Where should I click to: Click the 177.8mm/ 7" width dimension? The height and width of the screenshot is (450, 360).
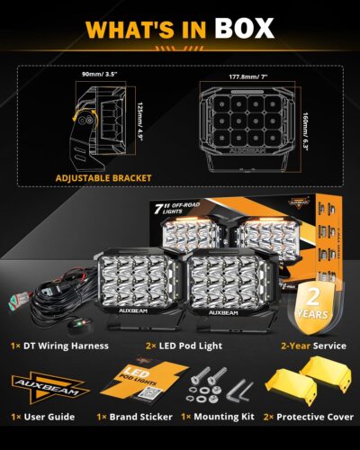point(245,77)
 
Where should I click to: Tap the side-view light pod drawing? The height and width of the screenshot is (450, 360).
point(101,127)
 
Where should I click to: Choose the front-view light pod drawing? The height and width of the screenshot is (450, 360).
point(245,128)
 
